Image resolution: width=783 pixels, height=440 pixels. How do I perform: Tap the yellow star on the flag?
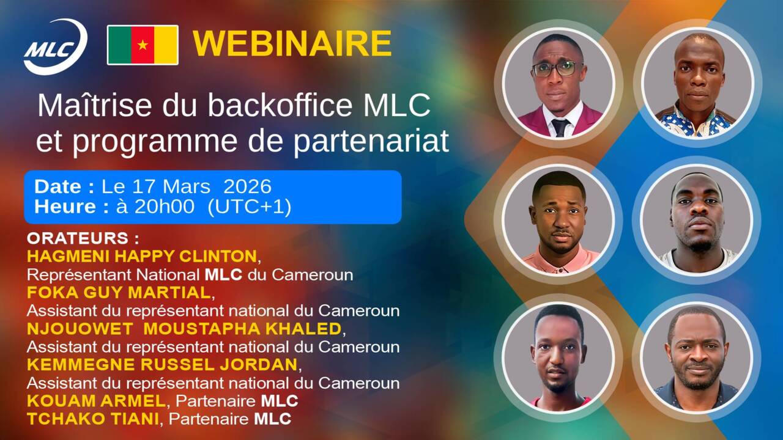(x=143, y=45)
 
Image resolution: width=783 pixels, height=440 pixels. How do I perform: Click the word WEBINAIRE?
(x=292, y=43)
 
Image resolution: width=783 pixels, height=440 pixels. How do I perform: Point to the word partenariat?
(x=371, y=141)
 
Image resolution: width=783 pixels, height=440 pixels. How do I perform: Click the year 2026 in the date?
(x=247, y=186)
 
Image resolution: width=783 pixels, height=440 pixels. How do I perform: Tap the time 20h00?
(x=165, y=207)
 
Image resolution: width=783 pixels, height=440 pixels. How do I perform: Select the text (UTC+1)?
(x=249, y=207)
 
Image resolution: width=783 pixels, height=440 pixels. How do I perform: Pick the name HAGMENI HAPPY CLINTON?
(x=142, y=257)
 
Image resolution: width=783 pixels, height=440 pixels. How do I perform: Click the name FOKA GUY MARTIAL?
(x=119, y=293)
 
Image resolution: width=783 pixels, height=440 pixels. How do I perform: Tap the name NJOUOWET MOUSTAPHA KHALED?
(x=184, y=329)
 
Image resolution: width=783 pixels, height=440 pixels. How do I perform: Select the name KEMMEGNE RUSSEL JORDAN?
(x=162, y=365)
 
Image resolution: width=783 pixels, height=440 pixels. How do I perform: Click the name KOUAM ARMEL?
(x=96, y=401)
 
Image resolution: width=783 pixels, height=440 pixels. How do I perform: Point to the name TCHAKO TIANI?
(x=93, y=419)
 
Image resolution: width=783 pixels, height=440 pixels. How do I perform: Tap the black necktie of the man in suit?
(x=561, y=128)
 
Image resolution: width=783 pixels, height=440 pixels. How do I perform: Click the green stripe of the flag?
(x=120, y=45)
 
